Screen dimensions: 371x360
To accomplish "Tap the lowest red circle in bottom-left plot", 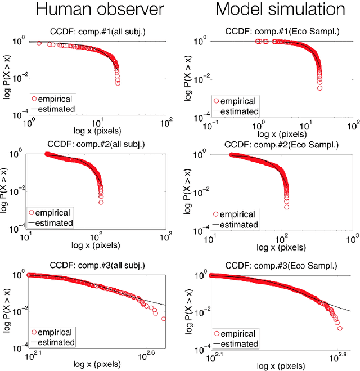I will tap(164, 319).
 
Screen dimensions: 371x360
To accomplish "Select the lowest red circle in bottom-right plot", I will tap(340, 328).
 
